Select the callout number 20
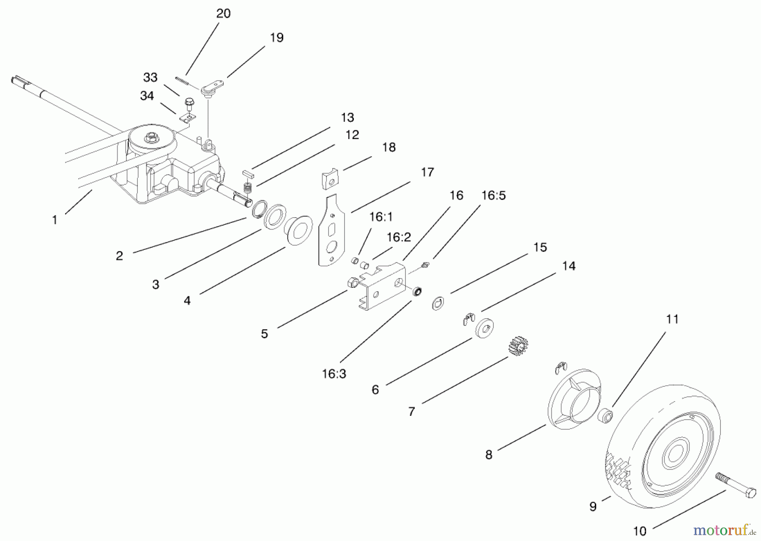click(223, 14)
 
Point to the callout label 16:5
click(493, 195)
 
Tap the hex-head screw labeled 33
click(189, 103)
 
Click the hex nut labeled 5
click(353, 283)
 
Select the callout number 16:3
click(334, 374)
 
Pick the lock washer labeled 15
click(438, 303)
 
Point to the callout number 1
click(55, 220)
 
